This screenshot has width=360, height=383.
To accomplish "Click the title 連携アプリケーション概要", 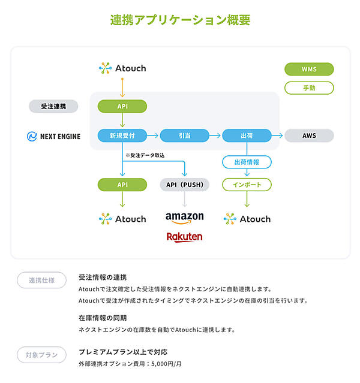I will (x=180, y=20).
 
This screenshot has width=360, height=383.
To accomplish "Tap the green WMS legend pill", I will (x=309, y=69).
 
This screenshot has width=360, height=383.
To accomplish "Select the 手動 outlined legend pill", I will (x=309, y=88).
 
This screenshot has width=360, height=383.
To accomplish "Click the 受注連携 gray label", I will (x=53, y=106).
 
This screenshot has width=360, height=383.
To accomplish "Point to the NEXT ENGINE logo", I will (x=53, y=136).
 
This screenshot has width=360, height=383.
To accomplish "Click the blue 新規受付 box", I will (x=122, y=136).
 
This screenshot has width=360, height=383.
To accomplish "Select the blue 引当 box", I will (x=184, y=136).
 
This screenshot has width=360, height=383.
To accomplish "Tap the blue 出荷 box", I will (x=246, y=136).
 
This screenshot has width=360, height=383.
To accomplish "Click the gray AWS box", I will (x=309, y=136).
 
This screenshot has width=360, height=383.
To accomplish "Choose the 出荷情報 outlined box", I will (x=247, y=162).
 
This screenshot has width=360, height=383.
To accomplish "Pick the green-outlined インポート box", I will (x=247, y=185).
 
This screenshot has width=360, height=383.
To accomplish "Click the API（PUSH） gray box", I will (x=184, y=185).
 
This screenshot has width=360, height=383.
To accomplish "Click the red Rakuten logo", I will (x=184, y=237).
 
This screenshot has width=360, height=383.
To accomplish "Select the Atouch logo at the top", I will (x=122, y=68).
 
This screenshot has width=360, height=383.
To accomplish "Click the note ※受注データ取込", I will (x=145, y=155).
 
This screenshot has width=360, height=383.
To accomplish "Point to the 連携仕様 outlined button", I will (x=41, y=280).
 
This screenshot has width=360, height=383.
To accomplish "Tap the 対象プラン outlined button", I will (x=41, y=355).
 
